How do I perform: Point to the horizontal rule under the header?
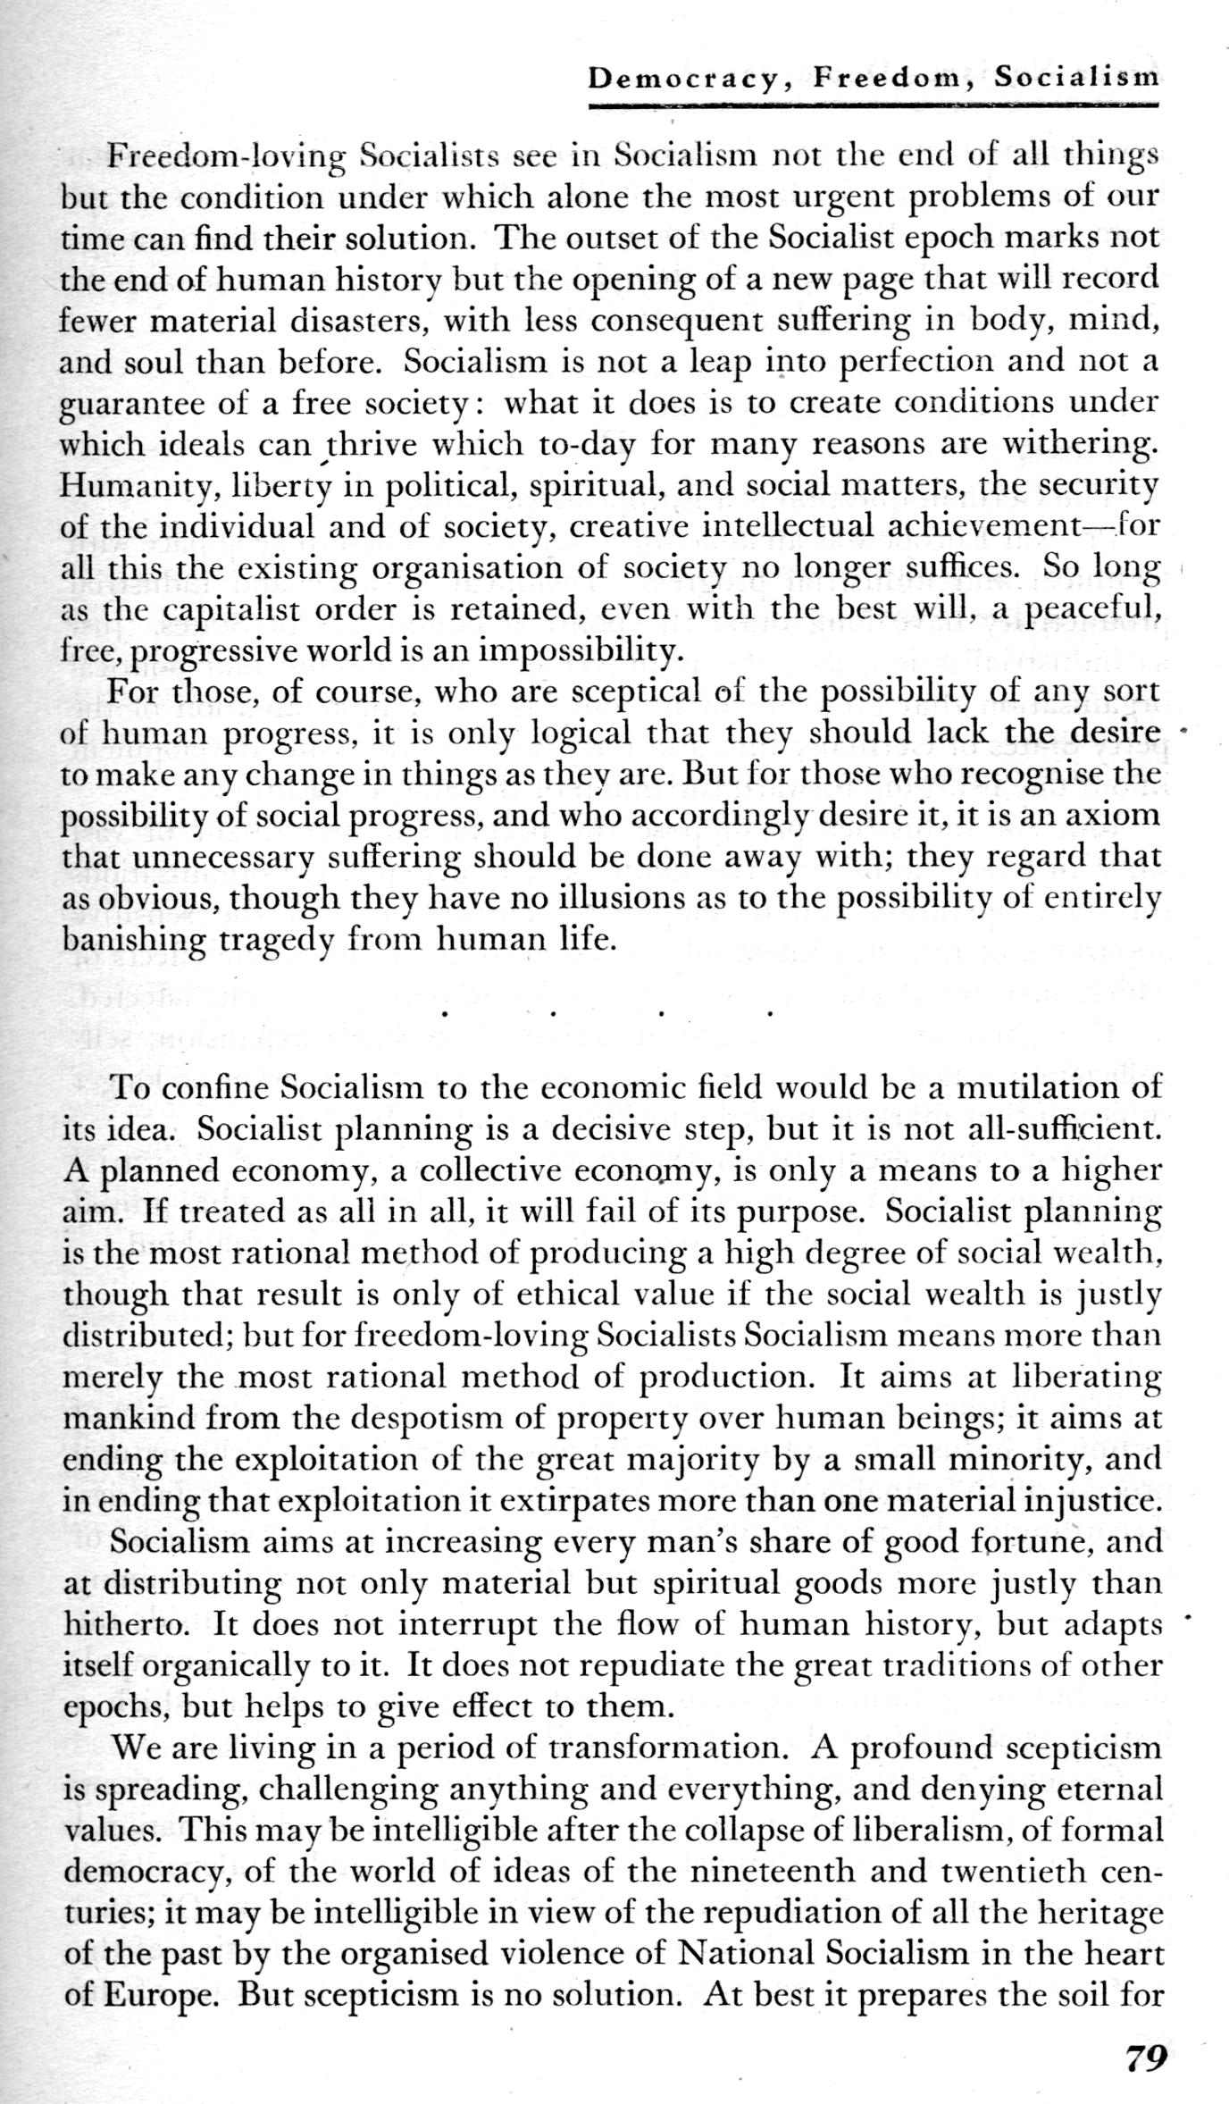pos(873,105)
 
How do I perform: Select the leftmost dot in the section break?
pos(444,1014)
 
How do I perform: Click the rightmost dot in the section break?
pos(769,1014)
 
